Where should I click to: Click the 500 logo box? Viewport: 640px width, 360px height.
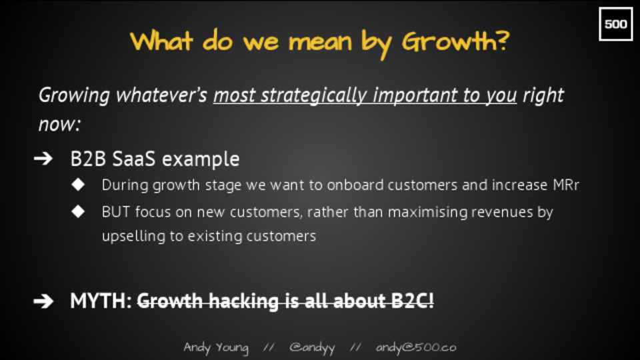tap(615, 24)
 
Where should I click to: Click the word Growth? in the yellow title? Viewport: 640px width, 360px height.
tap(455, 42)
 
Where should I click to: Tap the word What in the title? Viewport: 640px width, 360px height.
tap(161, 41)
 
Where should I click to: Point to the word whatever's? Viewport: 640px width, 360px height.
tap(161, 95)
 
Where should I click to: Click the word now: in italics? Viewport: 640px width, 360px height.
tap(59, 124)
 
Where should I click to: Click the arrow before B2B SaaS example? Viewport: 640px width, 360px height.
tap(43, 159)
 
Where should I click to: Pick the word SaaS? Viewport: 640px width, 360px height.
tap(134, 159)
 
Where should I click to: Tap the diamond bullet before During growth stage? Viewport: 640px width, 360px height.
tap(77, 185)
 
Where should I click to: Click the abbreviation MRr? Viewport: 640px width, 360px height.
tap(566, 185)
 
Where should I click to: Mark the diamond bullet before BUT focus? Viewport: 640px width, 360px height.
tap(77, 211)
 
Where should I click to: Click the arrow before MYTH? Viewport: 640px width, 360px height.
tap(43, 301)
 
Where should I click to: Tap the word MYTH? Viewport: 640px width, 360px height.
tap(101, 301)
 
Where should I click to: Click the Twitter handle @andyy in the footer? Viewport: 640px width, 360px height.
tap(312, 348)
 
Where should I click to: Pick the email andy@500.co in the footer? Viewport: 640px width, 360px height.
tap(416, 347)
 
